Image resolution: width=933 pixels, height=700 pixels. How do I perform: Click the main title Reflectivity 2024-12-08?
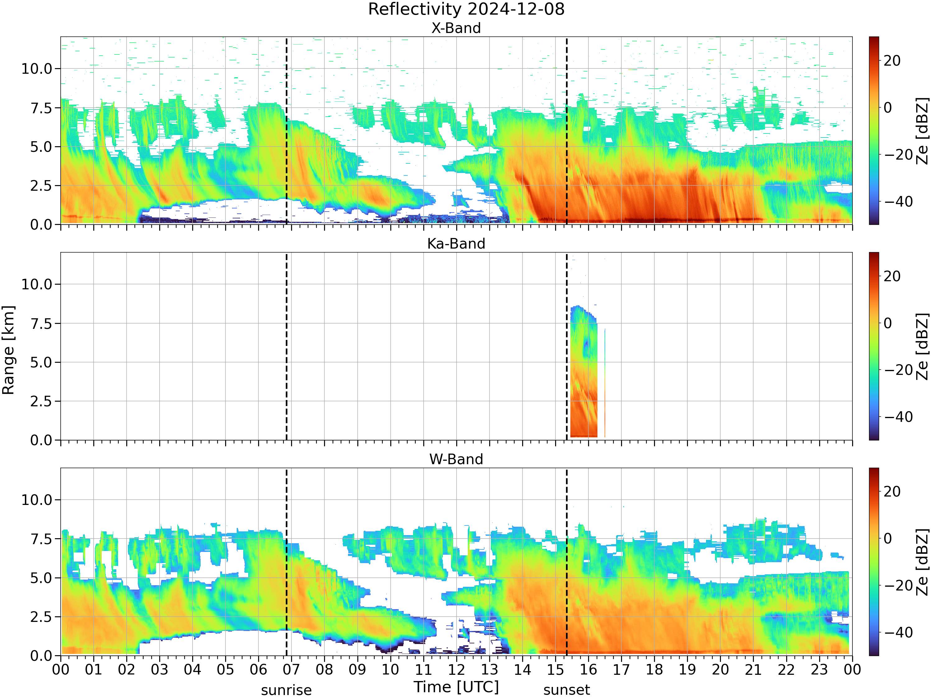pos(466,9)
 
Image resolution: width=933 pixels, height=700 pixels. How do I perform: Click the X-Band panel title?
pos(456,28)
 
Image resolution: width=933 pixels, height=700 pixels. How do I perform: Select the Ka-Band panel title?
pos(456,244)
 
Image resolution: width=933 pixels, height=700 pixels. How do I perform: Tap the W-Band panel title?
pos(456,459)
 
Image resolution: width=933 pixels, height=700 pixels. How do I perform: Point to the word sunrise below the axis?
pos(286,690)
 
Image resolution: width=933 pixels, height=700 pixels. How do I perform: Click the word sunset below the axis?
pos(566,690)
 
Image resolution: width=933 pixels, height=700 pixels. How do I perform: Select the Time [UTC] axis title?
pos(456,687)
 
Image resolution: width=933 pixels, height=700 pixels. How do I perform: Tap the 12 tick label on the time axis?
pos(456,670)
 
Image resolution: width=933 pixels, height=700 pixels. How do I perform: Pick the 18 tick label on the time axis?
pos(654,670)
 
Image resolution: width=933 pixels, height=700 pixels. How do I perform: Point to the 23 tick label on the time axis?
pos(819,670)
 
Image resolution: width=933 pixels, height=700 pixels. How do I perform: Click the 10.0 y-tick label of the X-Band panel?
pos(37,69)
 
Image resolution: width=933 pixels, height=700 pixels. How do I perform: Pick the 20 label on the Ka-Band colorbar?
pos(892,276)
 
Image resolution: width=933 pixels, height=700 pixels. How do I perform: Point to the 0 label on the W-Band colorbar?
pos(888,539)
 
